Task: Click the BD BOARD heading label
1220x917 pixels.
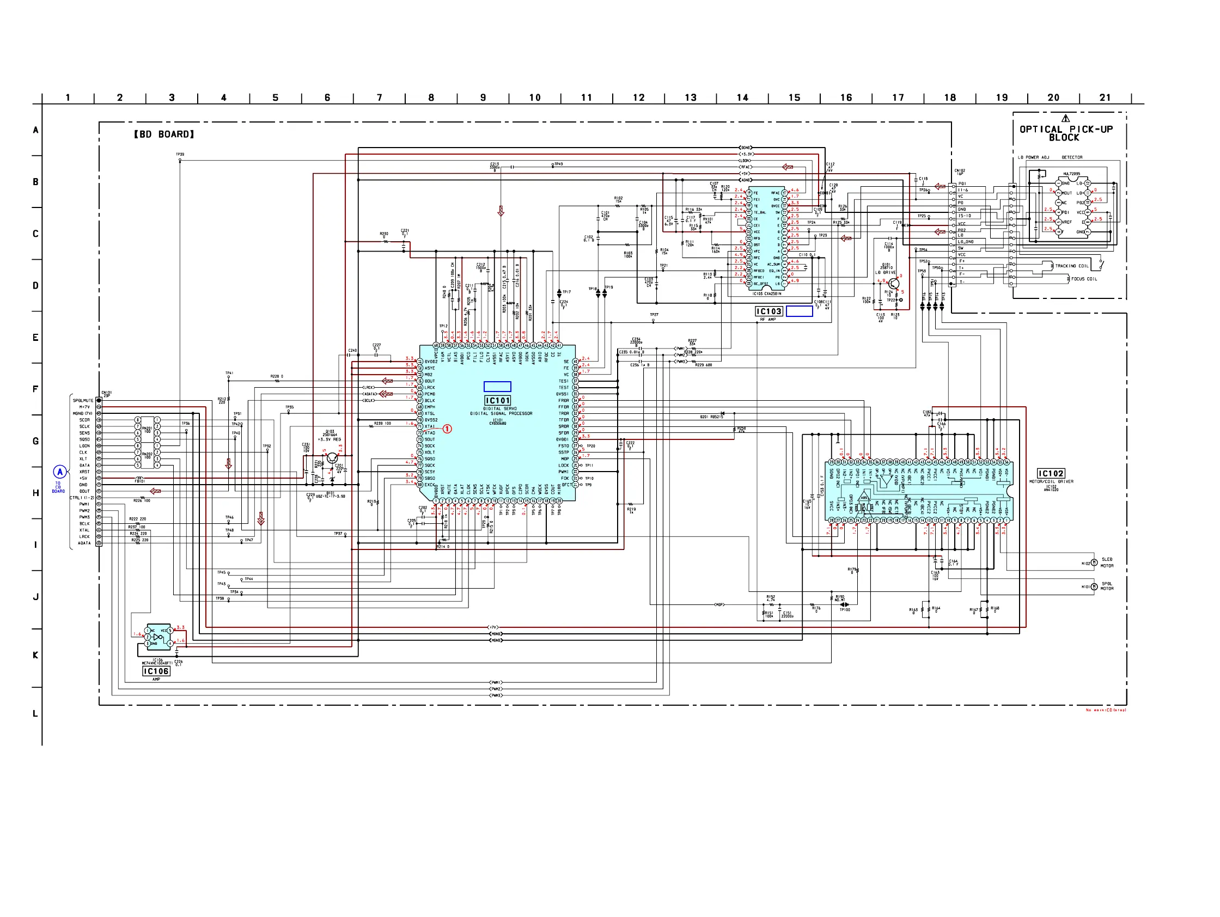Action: click(164, 134)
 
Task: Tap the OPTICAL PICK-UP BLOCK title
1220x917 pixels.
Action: click(1065, 133)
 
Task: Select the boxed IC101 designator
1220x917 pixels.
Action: click(497, 400)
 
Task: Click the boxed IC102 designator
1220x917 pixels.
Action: click(1051, 473)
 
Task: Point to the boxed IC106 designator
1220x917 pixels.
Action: click(156, 671)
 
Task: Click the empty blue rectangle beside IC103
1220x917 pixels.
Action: click(799, 311)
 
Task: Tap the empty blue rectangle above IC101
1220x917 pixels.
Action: click(497, 387)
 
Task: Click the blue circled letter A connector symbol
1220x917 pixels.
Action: click(59, 472)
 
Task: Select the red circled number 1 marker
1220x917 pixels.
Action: click(447, 429)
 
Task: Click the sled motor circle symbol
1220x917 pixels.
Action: click(1094, 563)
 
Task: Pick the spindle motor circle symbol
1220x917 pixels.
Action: click(1094, 586)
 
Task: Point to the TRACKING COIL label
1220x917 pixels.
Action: click(1072, 266)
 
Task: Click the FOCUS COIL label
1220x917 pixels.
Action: click(1084, 279)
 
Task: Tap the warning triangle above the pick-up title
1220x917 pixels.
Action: click(1065, 118)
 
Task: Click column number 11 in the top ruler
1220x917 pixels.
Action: click(586, 97)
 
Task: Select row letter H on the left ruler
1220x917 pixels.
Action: click(36, 493)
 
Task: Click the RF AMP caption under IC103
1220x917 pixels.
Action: click(768, 319)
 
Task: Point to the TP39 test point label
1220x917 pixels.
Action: click(180, 155)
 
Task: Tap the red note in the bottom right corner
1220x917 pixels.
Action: click(1105, 710)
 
